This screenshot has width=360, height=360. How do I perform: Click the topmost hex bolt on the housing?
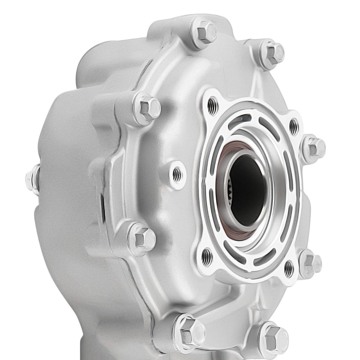tap(206, 31)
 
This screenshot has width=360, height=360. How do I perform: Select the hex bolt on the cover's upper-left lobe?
tap(148, 108)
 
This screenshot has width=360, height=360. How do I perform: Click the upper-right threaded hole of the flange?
tap(294, 126)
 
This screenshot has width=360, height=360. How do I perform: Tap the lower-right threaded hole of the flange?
tap(289, 268)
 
